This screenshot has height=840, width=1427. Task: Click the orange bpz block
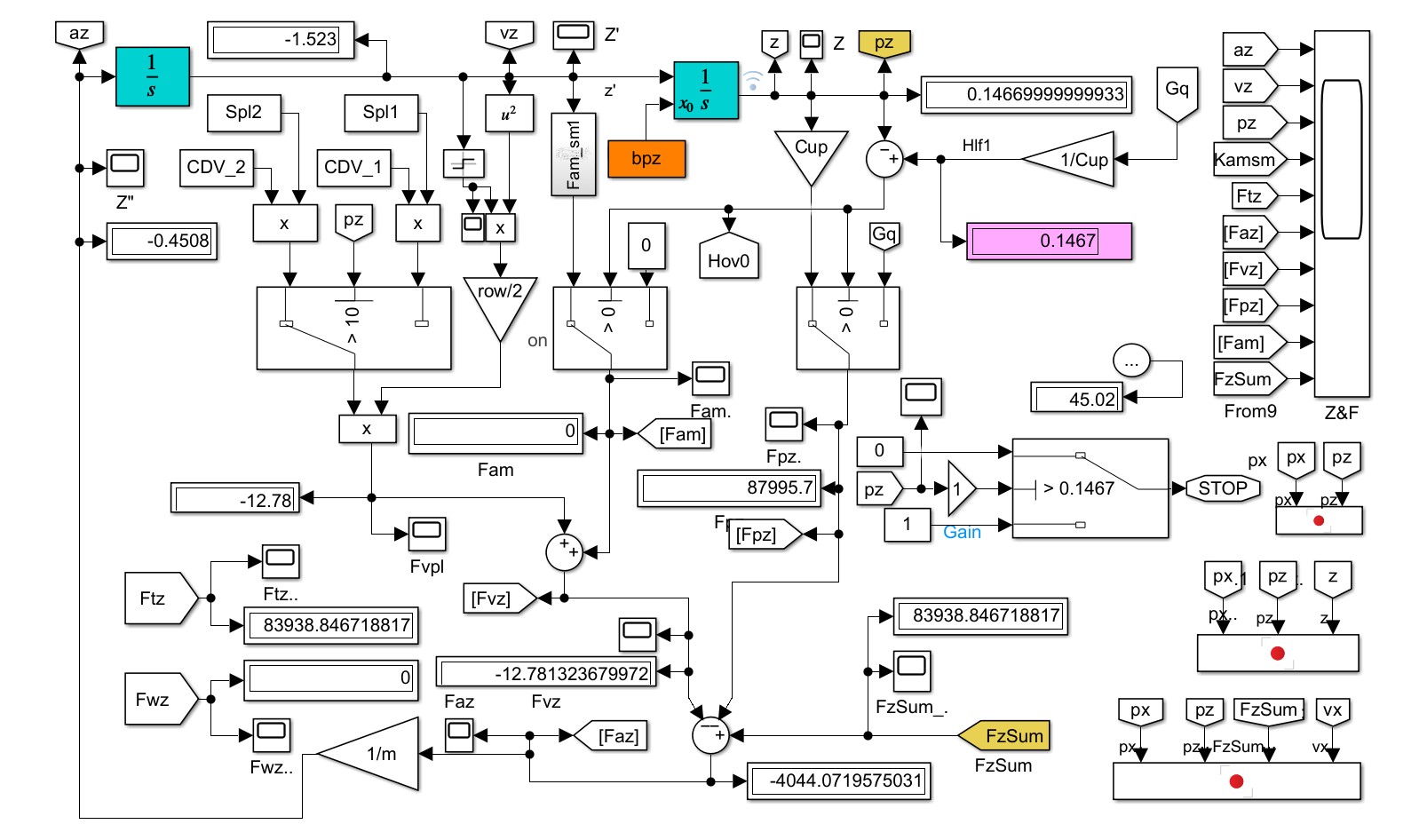[646, 159]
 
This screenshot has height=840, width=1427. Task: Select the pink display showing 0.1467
[1049, 241]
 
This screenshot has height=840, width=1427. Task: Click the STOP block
[1222, 487]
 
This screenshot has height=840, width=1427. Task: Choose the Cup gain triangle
[811, 152]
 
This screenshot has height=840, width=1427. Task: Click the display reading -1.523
[281, 40]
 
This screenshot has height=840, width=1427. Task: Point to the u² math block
[509, 114]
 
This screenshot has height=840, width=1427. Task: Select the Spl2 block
[243, 113]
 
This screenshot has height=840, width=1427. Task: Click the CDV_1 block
[353, 168]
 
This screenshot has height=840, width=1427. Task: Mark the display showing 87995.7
[729, 488]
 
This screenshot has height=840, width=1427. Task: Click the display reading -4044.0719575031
[838, 781]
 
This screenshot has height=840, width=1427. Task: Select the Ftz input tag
[158, 598]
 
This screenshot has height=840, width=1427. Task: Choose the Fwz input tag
[158, 700]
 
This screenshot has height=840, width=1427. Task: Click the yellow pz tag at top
[884, 44]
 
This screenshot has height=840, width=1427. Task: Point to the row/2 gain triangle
[500, 301]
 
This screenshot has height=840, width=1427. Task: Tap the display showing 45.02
[1077, 399]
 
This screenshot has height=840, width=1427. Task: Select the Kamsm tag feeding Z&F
[1247, 160]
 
